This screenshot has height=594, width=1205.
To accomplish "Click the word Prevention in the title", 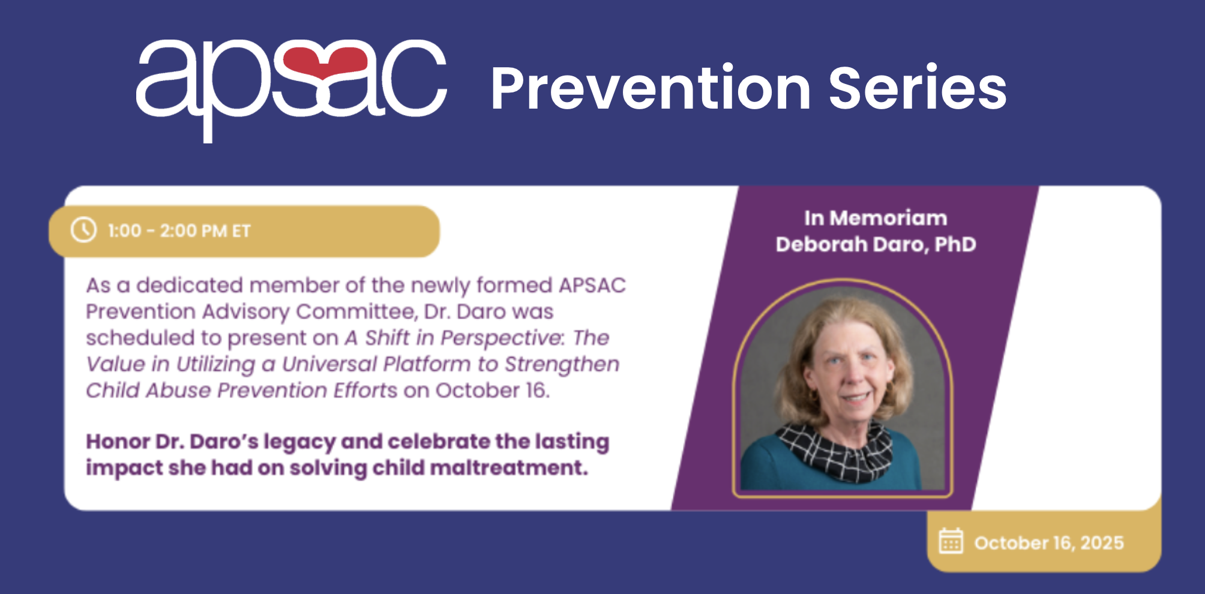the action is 651,88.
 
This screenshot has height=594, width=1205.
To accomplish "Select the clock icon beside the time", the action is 83,230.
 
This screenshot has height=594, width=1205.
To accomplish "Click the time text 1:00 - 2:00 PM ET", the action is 179,231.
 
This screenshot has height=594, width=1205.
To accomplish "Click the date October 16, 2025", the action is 1049,542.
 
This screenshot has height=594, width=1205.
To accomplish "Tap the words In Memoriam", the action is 876,218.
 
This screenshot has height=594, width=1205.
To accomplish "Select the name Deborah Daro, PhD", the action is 876,244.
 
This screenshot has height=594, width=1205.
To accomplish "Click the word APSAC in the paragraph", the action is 592,285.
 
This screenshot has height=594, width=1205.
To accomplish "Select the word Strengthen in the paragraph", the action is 562,364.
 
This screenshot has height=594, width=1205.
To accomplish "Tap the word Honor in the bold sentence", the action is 118,442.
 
